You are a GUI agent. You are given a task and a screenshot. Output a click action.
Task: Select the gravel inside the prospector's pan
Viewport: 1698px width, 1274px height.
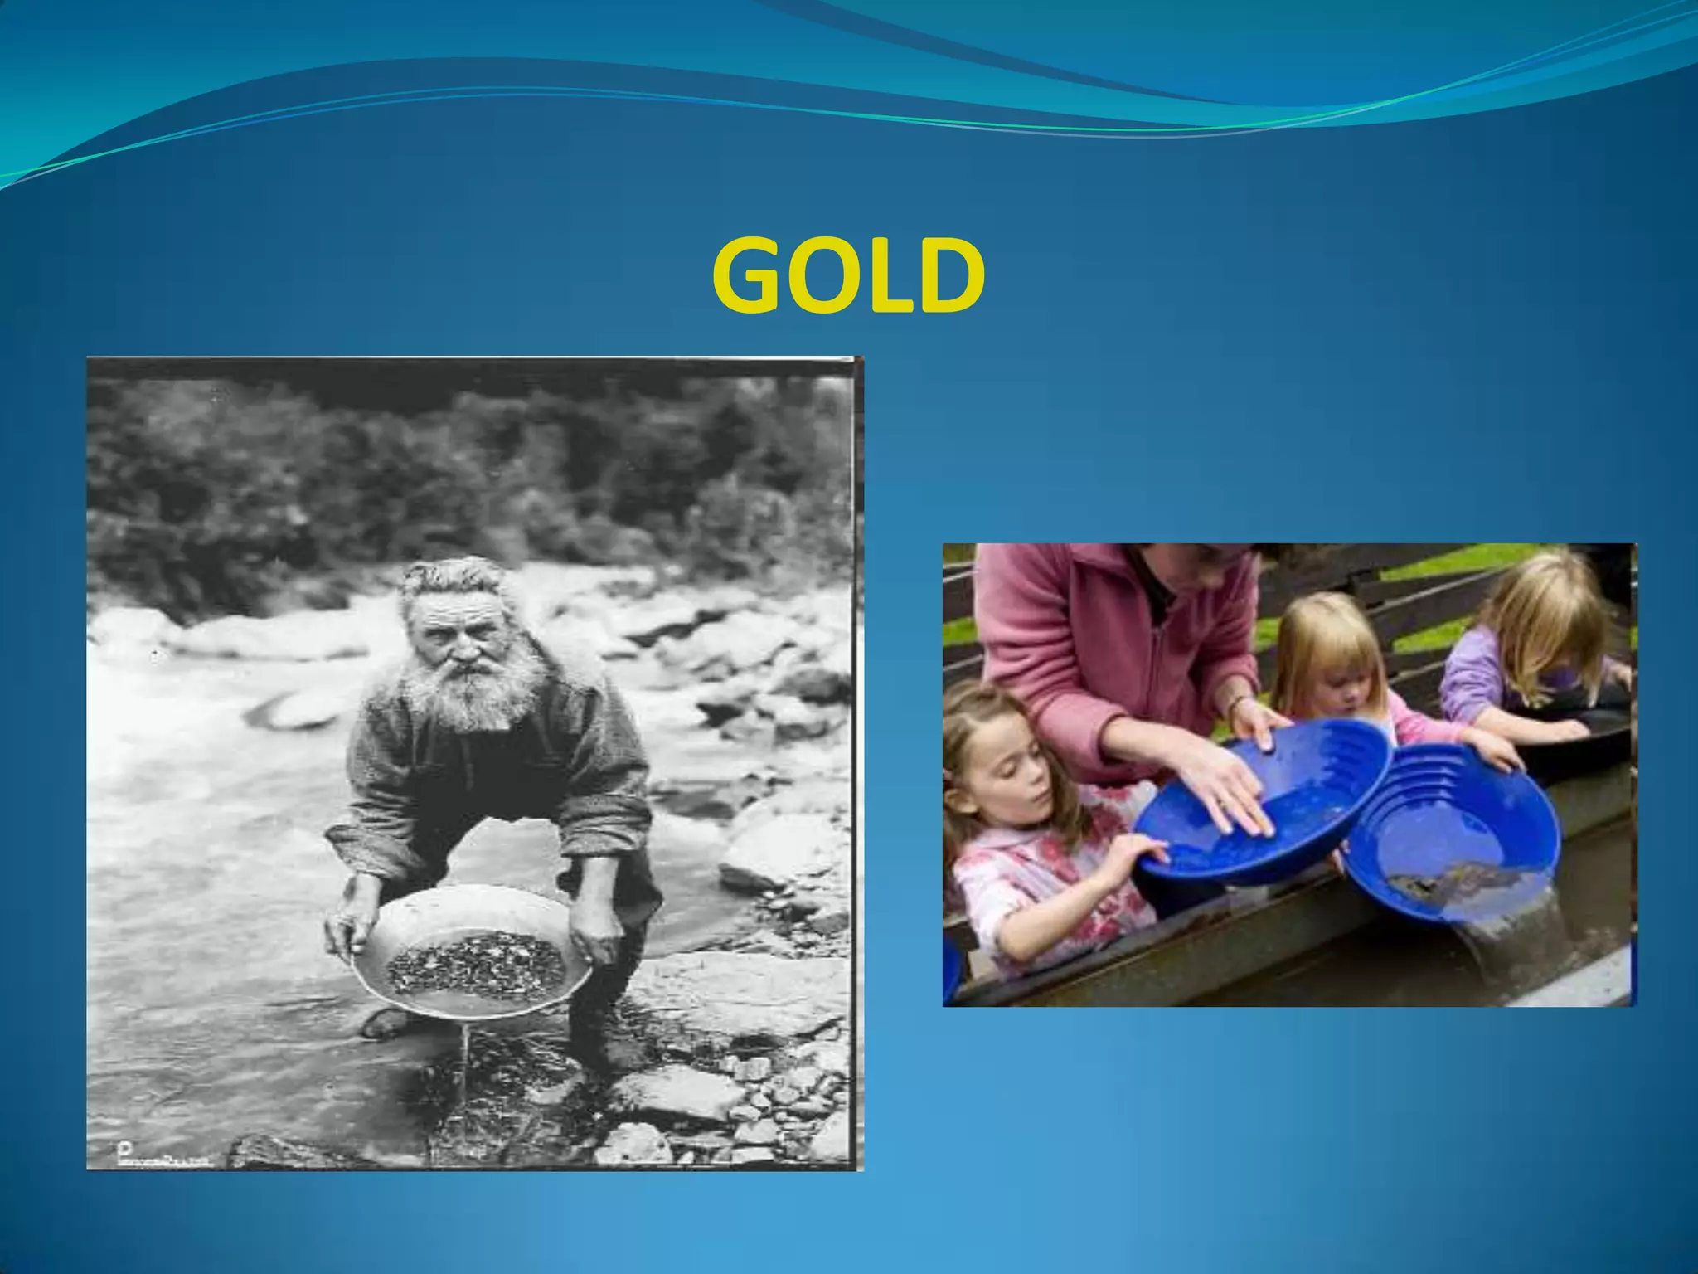(476, 962)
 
